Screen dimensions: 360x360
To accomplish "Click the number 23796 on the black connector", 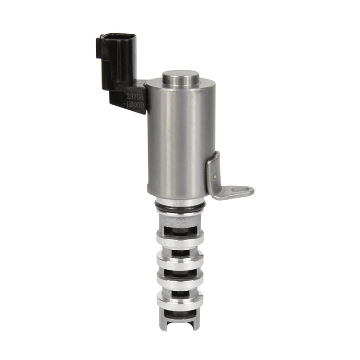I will coord(135,96).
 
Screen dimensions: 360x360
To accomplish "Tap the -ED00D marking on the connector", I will coord(135,104).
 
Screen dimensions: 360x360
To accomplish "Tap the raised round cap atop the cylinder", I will coord(180,77).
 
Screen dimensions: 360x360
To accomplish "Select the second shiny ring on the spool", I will coord(179,258).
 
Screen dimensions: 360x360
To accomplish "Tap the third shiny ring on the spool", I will coord(179,280).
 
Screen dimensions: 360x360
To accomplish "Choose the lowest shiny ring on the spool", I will coord(179,301).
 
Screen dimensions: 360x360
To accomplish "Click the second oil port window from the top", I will coord(179,250).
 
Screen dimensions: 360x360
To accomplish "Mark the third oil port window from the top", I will coord(179,271).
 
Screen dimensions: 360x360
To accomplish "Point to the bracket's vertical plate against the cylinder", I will coord(213,173).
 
